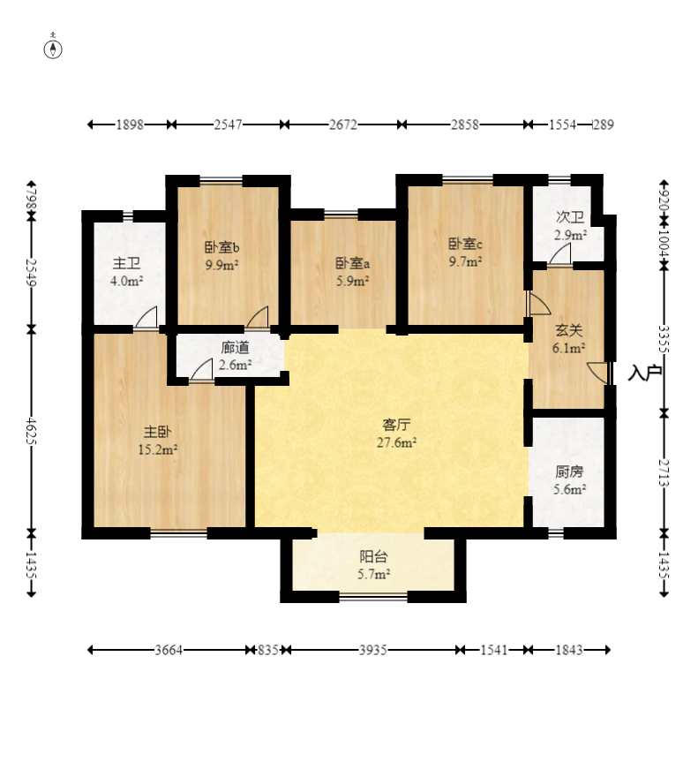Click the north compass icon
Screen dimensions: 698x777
[53, 49]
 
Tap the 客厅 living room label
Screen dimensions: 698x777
[396, 426]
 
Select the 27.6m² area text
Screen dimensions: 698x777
[396, 442]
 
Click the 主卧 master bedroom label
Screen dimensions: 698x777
[158, 432]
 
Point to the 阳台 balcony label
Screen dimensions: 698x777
[373, 557]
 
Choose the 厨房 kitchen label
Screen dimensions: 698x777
[569, 471]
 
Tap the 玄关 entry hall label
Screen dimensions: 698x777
[568, 330]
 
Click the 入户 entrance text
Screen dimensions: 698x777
[645, 373]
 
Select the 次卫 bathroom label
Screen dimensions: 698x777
[570, 217]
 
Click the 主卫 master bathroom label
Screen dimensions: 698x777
[126, 263]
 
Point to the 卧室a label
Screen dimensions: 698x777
[352, 263]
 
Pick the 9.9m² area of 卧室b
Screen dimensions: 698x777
[222, 265]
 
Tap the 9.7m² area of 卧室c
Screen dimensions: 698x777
[465, 261]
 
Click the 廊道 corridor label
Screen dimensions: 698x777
[236, 348]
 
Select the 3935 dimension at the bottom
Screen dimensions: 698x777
[372, 650]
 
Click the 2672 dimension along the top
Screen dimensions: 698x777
[342, 124]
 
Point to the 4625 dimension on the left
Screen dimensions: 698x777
[31, 431]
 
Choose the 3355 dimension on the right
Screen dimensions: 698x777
[664, 338]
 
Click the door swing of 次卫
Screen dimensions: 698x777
[559, 253]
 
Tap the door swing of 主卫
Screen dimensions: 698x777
[146, 317]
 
